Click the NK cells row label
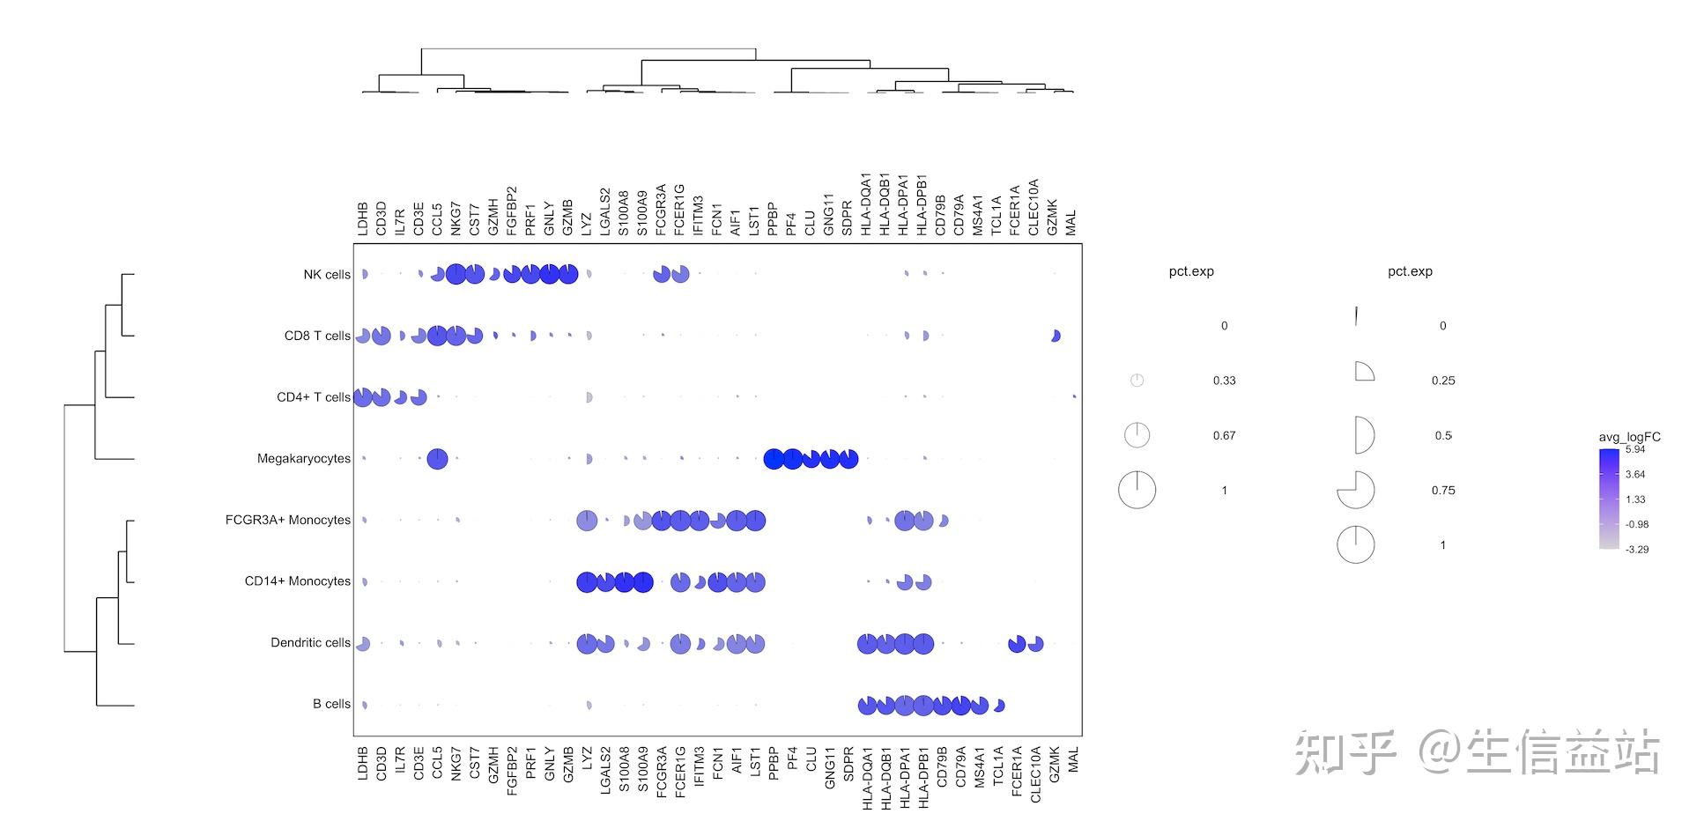(326, 275)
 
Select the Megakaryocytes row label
(303, 459)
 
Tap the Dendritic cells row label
(310, 643)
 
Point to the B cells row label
(331, 705)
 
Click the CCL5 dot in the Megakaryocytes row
(437, 459)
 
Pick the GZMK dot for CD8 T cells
(1056, 336)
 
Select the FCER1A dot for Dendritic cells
(1017, 644)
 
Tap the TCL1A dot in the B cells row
(998, 705)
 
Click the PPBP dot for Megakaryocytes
(774, 459)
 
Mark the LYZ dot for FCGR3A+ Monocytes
(587, 521)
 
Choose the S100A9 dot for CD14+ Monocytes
(642, 582)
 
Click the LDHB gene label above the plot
(362, 218)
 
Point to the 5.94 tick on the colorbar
(1635, 449)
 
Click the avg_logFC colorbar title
(1629, 437)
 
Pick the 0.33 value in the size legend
(1224, 381)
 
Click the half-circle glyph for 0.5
(1363, 435)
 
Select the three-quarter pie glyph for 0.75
(1356, 490)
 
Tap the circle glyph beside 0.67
(1137, 435)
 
